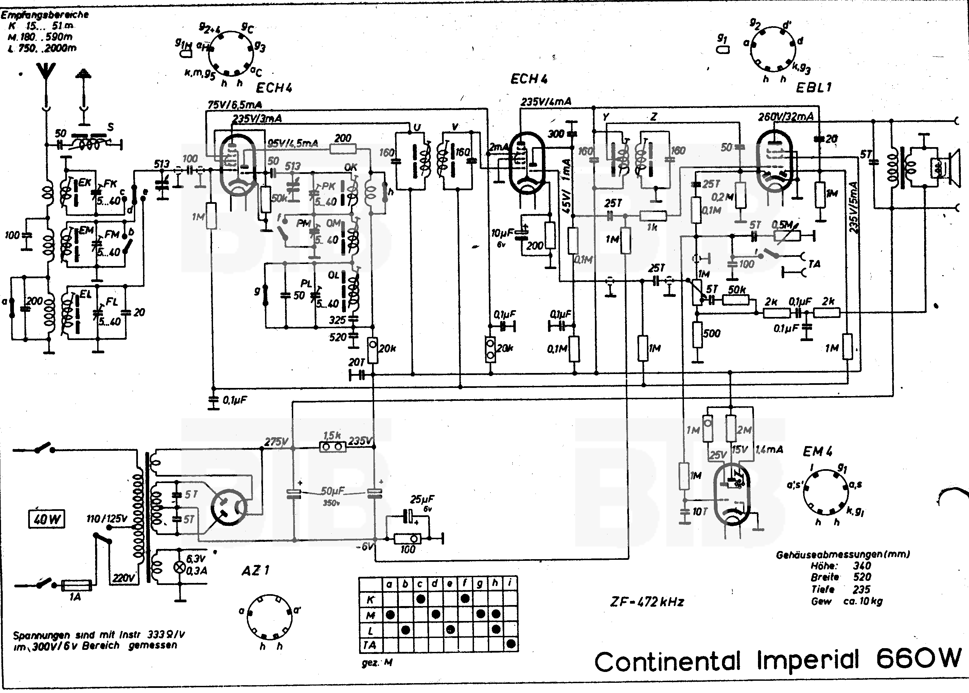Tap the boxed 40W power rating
(x=46, y=519)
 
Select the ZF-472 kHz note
(x=647, y=602)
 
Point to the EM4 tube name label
(x=817, y=451)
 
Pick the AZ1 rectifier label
(x=255, y=570)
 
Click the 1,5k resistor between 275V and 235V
(x=333, y=447)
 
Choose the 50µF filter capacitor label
(x=333, y=491)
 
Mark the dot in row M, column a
(x=390, y=615)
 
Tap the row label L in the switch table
(x=371, y=630)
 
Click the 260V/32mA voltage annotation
(x=786, y=117)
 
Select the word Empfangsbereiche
(x=45, y=15)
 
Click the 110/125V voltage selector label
(x=107, y=519)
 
